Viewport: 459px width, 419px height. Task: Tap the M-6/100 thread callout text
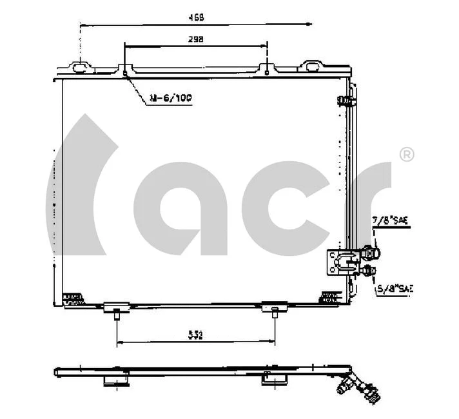(170, 98)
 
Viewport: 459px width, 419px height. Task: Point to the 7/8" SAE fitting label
(392, 221)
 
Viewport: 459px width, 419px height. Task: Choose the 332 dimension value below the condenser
(196, 335)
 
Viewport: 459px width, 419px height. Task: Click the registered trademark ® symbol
(407, 155)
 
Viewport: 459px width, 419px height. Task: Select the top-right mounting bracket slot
(312, 66)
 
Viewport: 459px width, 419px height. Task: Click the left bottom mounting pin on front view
(116, 314)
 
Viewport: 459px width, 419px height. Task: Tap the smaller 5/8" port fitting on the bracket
(369, 271)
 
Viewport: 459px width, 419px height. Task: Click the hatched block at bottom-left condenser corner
(73, 297)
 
